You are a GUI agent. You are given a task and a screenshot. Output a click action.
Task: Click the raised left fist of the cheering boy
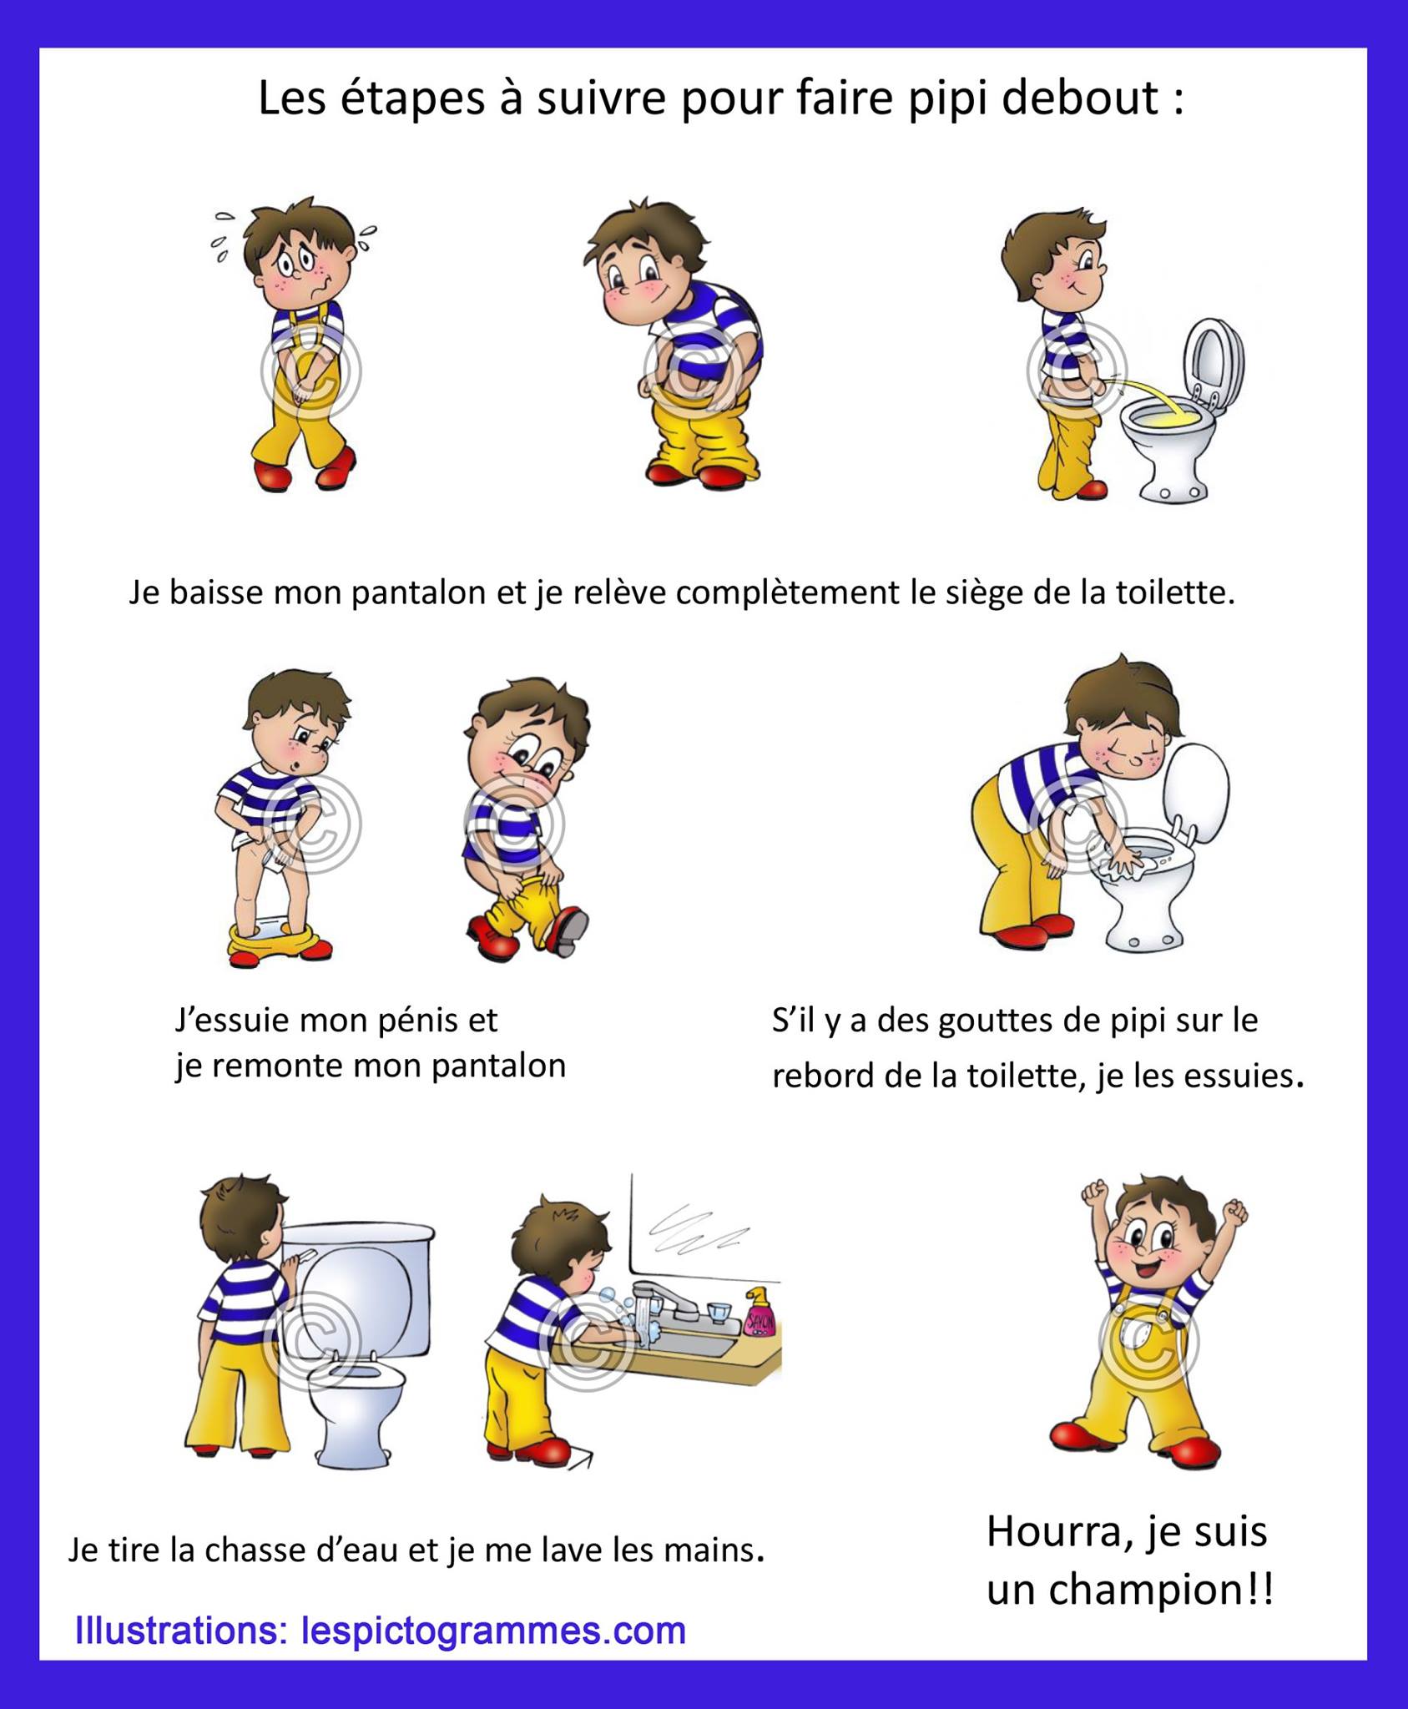click(x=1093, y=1193)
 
